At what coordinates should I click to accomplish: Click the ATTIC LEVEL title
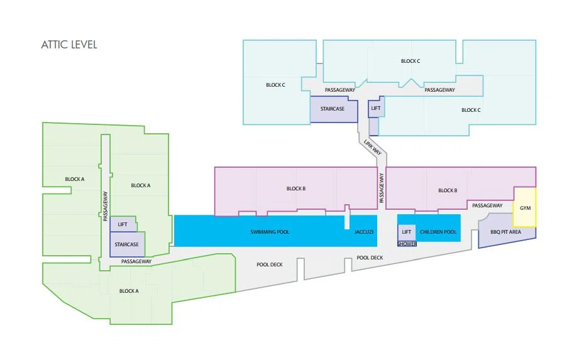click(69, 45)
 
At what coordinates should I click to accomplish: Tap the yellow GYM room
click(525, 207)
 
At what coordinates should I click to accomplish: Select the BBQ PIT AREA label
click(505, 232)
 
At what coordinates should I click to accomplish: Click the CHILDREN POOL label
click(438, 232)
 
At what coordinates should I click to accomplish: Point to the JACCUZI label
click(364, 232)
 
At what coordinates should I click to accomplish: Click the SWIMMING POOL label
click(270, 232)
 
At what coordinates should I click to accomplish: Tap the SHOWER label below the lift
click(407, 244)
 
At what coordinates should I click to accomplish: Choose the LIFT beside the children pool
click(406, 232)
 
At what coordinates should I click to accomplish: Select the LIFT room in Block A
click(123, 224)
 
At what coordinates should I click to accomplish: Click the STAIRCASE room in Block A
click(127, 244)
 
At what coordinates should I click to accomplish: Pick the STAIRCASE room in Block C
click(334, 109)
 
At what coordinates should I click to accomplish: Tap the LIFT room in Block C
click(376, 107)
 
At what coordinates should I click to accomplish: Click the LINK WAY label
click(373, 147)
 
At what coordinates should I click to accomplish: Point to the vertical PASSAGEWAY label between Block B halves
click(382, 188)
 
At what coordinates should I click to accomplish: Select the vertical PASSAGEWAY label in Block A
click(105, 206)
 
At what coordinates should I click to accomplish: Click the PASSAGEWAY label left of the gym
click(487, 205)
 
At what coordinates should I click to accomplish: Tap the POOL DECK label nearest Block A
click(270, 265)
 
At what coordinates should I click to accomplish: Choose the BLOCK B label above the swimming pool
click(296, 188)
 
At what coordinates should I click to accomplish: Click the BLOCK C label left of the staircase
click(275, 85)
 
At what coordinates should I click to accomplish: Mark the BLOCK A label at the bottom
click(129, 291)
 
